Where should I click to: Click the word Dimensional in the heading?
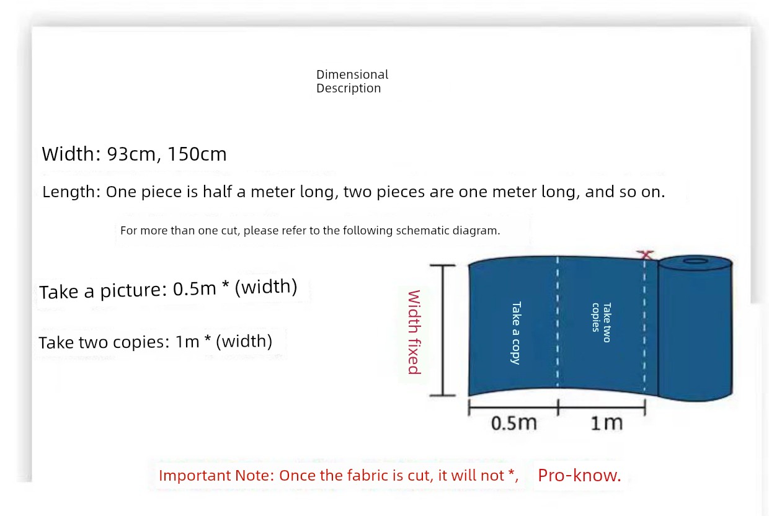tap(352, 74)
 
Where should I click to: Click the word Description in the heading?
tap(349, 88)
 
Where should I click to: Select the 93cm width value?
tap(131, 154)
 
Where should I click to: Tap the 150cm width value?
tap(197, 154)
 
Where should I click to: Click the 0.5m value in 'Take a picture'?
tap(194, 288)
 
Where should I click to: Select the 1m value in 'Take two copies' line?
tap(187, 342)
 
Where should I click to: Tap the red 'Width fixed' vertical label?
tap(414, 332)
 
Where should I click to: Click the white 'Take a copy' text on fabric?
tap(516, 332)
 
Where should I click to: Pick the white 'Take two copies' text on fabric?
tap(602, 322)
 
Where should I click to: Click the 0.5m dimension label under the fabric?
tap(513, 423)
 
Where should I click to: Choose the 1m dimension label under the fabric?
tap(607, 423)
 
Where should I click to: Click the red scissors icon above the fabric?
tap(646, 255)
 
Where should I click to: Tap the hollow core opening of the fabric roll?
tap(695, 262)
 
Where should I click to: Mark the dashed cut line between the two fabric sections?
tap(557, 322)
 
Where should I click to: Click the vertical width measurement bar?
tap(443, 331)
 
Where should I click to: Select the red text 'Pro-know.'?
tap(579, 476)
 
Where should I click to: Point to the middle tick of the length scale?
tap(558, 407)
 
